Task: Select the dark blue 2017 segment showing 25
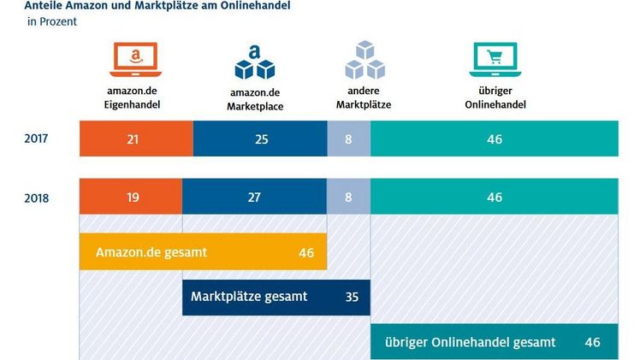click(260, 139)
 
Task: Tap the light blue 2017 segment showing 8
click(348, 139)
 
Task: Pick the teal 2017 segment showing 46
click(494, 139)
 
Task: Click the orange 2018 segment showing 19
click(131, 197)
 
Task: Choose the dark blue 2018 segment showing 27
click(254, 197)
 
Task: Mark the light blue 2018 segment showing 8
click(348, 197)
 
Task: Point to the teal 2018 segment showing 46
click(494, 197)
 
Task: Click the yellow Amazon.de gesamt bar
click(203, 252)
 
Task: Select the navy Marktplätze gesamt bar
click(276, 298)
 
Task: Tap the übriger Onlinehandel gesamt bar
click(494, 342)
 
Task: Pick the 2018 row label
click(36, 198)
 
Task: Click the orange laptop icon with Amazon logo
click(136, 60)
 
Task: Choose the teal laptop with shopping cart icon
click(494, 60)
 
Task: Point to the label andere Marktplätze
click(364, 98)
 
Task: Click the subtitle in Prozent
click(52, 22)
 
